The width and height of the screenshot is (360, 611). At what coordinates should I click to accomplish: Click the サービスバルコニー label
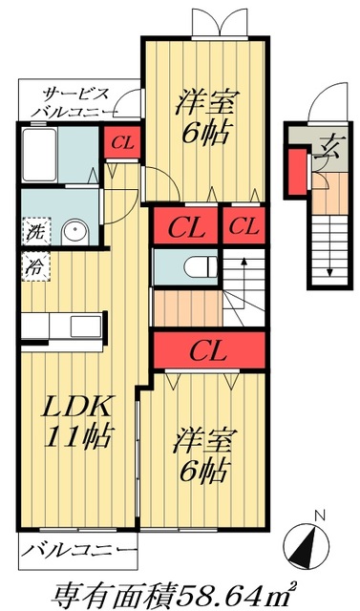(x=75, y=103)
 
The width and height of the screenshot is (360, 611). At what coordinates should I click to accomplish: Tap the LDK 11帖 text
(x=77, y=421)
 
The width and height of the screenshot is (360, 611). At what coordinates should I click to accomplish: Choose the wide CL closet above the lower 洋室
(x=205, y=349)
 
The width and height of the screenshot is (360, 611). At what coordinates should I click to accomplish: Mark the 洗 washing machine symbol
(x=34, y=230)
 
